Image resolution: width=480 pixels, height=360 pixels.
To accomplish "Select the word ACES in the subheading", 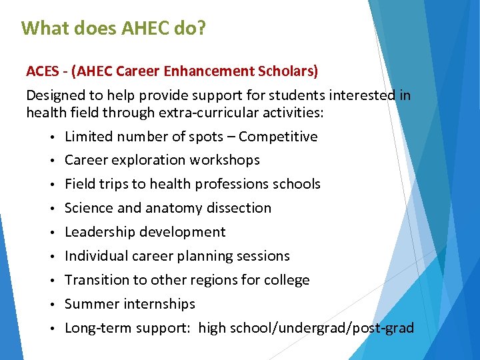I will coord(42,71).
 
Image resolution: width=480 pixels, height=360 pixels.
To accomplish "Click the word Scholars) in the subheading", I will coord(290,71).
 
